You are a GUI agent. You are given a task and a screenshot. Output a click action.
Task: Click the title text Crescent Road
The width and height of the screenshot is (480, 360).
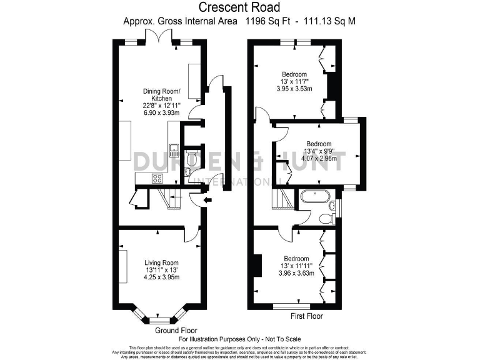pos(239,7)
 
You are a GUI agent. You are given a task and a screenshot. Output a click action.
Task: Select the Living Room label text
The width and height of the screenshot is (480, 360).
pos(161,262)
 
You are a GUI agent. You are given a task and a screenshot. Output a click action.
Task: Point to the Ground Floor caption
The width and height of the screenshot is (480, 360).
pos(176,330)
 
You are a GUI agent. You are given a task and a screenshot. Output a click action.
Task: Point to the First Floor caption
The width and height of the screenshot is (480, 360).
pos(306,317)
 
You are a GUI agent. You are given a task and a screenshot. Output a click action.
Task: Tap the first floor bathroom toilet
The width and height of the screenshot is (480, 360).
pos(324,217)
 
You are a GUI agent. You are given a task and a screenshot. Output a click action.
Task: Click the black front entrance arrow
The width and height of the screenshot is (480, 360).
pos(208,200)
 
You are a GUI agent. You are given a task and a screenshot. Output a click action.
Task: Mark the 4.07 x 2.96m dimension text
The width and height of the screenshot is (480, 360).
pos(319,158)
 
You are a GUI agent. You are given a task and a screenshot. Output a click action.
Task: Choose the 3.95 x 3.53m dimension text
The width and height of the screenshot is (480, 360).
pos(294,89)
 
